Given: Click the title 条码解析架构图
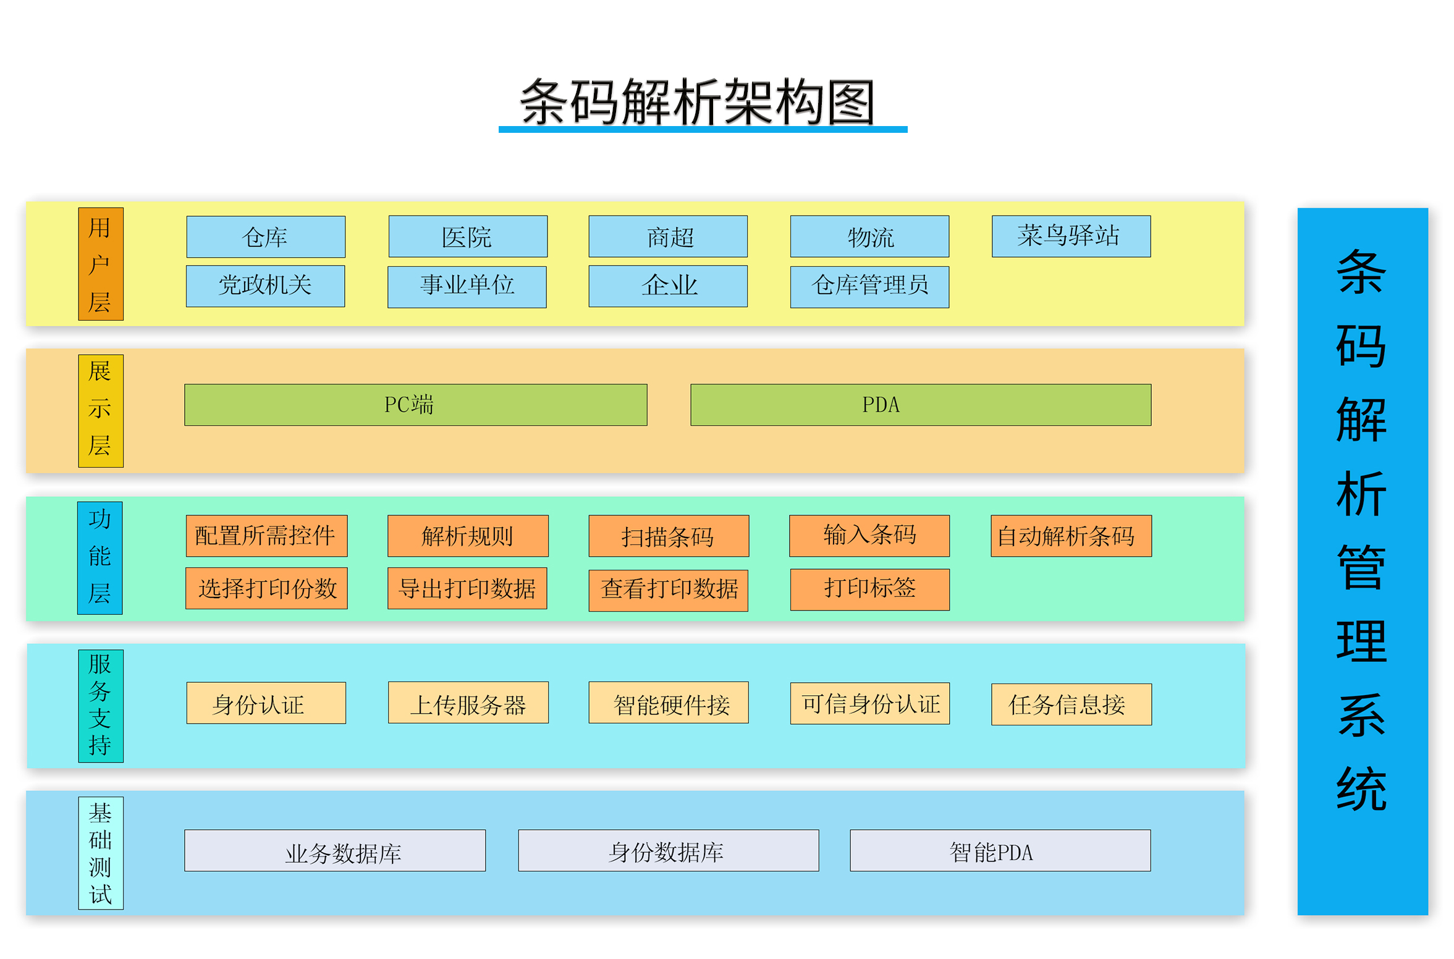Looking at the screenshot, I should (x=697, y=102).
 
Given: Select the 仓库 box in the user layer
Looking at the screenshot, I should (x=266, y=237).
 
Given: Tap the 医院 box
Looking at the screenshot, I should (x=467, y=237).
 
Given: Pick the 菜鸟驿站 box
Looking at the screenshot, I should (x=1070, y=236).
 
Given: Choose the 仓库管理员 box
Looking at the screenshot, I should (x=869, y=286).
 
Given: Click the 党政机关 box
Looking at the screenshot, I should (x=265, y=285).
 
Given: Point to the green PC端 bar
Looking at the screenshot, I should (x=415, y=405).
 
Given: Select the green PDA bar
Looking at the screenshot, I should (x=920, y=405).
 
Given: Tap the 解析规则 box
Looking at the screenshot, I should (x=467, y=536).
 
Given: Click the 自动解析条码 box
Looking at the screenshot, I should (x=1070, y=536).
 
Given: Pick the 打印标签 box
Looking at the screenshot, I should (x=869, y=589).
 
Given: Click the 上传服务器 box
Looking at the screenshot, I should (x=468, y=703).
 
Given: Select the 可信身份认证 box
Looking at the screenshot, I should (x=869, y=703).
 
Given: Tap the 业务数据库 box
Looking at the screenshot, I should (x=334, y=850).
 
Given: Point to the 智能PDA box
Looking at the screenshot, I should (x=999, y=850).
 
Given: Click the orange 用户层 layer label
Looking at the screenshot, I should (x=101, y=264).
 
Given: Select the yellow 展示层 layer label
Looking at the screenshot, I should (x=101, y=410).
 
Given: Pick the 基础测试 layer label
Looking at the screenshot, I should (x=101, y=853).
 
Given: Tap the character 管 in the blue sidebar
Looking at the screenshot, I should (x=1361, y=567).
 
